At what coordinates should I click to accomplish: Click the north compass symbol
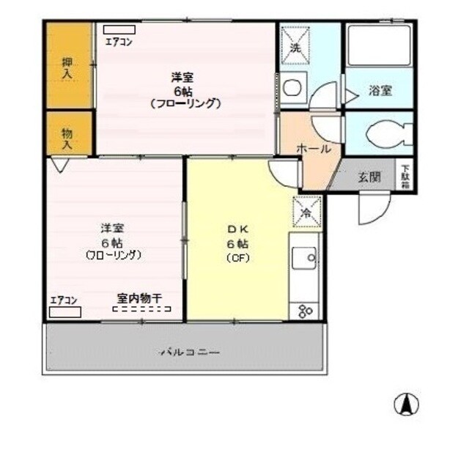click(x=407, y=403)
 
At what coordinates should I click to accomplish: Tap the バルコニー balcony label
click(x=190, y=352)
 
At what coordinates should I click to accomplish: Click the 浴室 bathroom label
click(x=380, y=91)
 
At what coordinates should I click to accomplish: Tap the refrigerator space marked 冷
click(x=307, y=213)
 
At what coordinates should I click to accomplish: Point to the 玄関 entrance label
click(x=369, y=176)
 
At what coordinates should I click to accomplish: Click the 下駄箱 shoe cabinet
click(x=405, y=176)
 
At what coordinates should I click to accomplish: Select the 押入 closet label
click(x=67, y=68)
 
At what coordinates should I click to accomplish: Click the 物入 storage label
click(x=67, y=138)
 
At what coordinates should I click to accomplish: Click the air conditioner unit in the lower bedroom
click(x=65, y=311)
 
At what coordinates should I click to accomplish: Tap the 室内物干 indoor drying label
click(x=140, y=298)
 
